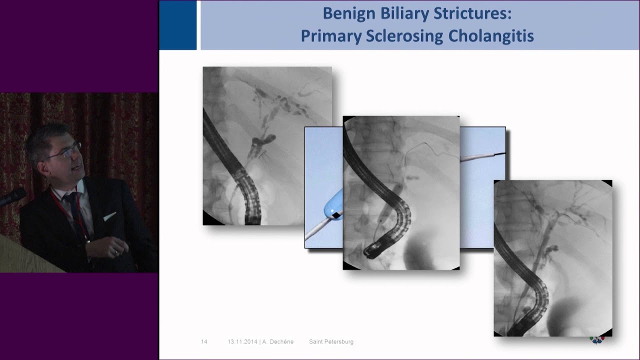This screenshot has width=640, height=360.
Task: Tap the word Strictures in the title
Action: click(478, 13)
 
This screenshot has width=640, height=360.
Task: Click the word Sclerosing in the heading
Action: click(402, 36)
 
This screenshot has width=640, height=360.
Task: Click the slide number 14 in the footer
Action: click(204, 341)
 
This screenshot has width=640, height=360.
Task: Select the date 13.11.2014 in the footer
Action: click(242, 341)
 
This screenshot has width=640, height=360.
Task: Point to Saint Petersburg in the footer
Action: click(331, 341)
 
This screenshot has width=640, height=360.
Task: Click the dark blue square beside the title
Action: click(177, 25)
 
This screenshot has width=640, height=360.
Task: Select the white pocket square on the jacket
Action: click(109, 216)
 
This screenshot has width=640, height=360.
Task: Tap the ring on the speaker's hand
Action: click(117, 252)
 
